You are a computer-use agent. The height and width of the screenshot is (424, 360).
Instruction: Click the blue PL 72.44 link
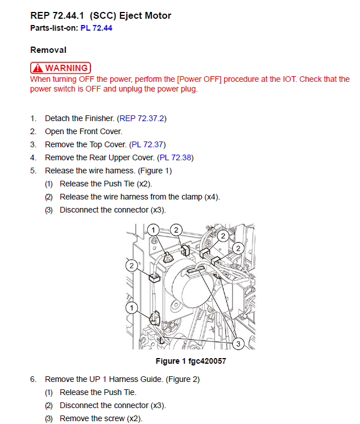pos(96,28)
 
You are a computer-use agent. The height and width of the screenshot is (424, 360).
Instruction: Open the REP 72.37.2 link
pos(142,118)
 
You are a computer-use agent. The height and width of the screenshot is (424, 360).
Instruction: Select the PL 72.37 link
pos(147,145)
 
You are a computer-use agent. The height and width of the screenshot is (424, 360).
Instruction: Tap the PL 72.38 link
pos(175,157)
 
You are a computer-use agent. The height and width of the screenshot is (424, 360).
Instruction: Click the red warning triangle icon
pos(38,68)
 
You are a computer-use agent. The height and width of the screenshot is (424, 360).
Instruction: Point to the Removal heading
pos(48,50)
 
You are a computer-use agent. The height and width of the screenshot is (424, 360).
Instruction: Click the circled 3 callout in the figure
pos(238,344)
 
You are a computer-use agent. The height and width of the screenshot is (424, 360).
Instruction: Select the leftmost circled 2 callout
pos(131,266)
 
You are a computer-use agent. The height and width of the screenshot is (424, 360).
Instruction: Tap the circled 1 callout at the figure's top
pos(153,230)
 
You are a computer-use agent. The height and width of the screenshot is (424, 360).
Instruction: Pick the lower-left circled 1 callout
pos(131,307)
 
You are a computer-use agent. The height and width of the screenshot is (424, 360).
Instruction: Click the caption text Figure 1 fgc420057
pos(191,361)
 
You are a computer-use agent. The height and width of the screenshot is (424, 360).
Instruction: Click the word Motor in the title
pos(159,16)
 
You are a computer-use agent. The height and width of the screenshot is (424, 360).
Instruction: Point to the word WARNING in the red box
pos(67,68)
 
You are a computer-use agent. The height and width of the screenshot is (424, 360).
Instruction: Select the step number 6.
pos(33,379)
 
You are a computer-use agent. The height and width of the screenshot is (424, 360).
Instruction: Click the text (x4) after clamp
pos(212,197)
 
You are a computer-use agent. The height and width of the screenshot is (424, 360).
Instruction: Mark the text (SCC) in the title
pos(103,16)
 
